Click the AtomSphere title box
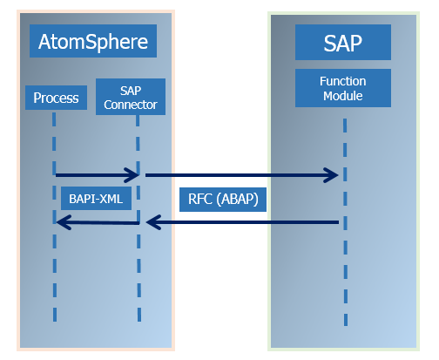[x=93, y=40]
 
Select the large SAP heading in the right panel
[x=341, y=42]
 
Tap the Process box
[x=56, y=98]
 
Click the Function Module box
[x=342, y=88]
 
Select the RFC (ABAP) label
[x=223, y=199]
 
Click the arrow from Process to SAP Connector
[x=97, y=174]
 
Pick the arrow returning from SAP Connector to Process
[x=97, y=223]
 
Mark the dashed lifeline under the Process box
[x=54, y=270]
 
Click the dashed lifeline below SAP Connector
[x=138, y=279]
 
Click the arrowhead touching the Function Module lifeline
[x=331, y=175]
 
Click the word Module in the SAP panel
[x=342, y=95]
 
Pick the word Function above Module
[x=342, y=81]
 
